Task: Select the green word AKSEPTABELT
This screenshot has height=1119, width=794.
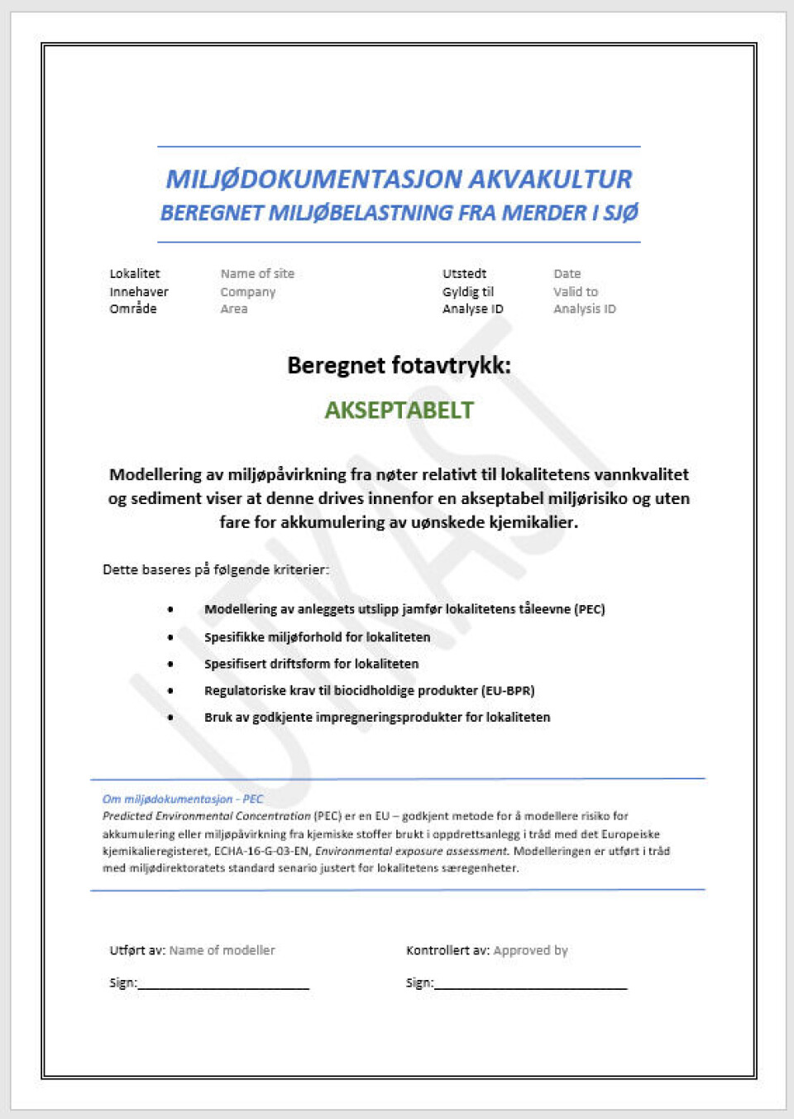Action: (x=399, y=410)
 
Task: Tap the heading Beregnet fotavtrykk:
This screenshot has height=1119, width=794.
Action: (x=399, y=365)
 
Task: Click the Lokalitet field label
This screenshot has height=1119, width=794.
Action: (x=135, y=274)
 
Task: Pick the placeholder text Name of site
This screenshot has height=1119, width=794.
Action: (x=257, y=274)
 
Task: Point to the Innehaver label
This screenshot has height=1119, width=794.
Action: (x=139, y=291)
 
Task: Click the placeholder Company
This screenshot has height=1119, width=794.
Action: (x=248, y=291)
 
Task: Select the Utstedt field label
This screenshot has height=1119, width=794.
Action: (x=464, y=274)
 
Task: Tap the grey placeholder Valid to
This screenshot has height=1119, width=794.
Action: (x=576, y=291)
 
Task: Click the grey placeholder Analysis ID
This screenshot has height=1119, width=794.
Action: (x=585, y=309)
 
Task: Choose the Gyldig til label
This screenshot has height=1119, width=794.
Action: (x=468, y=291)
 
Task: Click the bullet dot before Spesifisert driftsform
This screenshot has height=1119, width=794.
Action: (x=171, y=664)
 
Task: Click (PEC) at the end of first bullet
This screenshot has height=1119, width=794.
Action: (x=590, y=609)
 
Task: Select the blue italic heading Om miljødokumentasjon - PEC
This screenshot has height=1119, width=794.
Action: (x=183, y=799)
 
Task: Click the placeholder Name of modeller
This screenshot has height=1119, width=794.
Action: (x=222, y=950)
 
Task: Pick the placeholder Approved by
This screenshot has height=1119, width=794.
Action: (x=530, y=950)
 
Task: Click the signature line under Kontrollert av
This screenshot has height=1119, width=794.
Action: (x=530, y=987)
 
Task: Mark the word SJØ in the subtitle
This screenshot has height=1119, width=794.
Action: (x=621, y=213)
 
